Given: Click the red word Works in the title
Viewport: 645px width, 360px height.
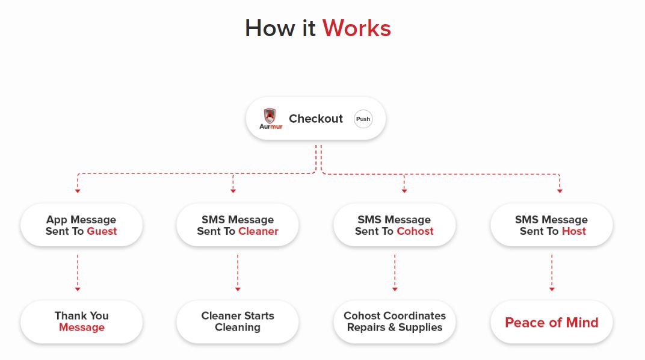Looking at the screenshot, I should tap(357, 28).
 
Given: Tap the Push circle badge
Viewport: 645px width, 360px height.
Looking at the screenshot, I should tap(363, 119).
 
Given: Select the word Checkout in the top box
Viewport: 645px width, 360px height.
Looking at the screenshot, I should tap(316, 119).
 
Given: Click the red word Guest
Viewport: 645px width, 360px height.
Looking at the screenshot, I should tap(102, 231).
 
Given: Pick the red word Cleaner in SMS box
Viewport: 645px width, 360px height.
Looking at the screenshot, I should tap(258, 231).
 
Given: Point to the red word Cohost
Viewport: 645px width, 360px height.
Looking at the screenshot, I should tap(415, 231).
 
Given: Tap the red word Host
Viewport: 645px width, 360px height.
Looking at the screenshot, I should tap(573, 231).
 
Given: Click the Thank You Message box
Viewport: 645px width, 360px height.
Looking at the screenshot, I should tap(81, 321).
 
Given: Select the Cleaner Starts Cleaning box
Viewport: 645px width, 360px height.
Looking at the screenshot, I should tap(238, 321).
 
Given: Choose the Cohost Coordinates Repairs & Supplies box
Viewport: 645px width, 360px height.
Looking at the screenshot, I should tap(395, 321).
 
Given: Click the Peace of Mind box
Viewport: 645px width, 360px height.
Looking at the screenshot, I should tap(552, 322).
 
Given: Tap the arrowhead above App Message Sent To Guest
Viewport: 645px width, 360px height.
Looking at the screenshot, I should tap(78, 191).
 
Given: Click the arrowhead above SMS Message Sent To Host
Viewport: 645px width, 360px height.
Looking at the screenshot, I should tap(560, 191).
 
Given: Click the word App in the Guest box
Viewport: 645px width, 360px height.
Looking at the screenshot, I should tap(57, 220).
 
